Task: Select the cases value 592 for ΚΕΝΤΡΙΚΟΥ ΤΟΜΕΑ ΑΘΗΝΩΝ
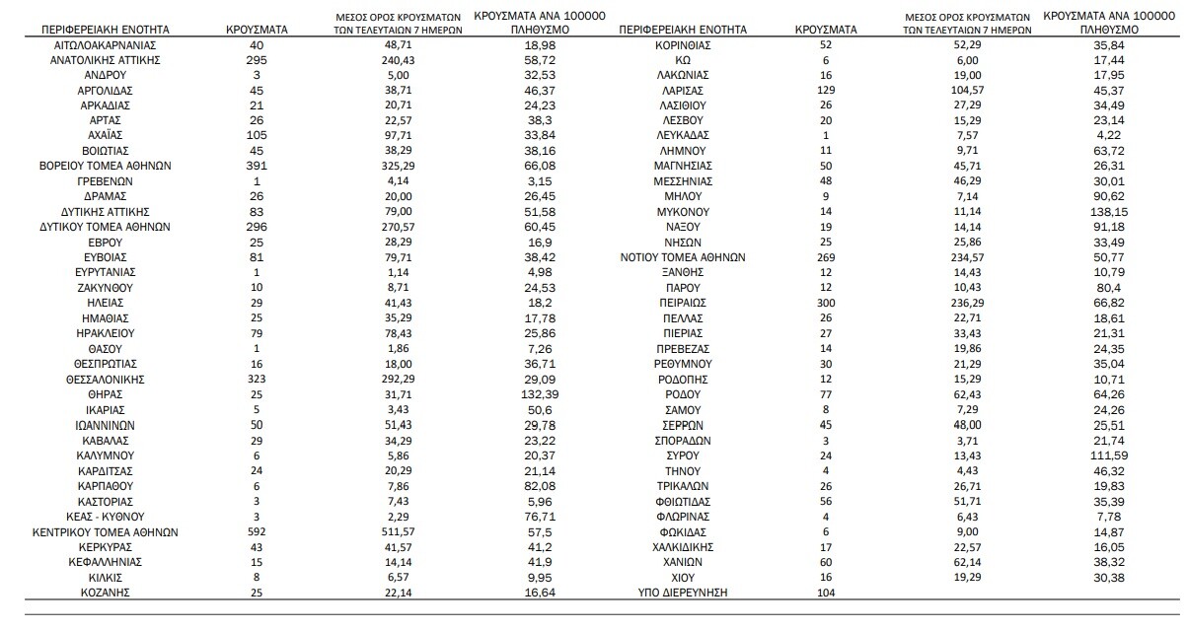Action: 257,530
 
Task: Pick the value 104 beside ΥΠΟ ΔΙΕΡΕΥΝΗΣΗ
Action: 826,593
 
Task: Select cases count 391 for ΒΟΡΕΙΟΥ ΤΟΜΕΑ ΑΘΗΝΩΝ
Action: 257,167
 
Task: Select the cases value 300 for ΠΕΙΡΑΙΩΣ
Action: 826,303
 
